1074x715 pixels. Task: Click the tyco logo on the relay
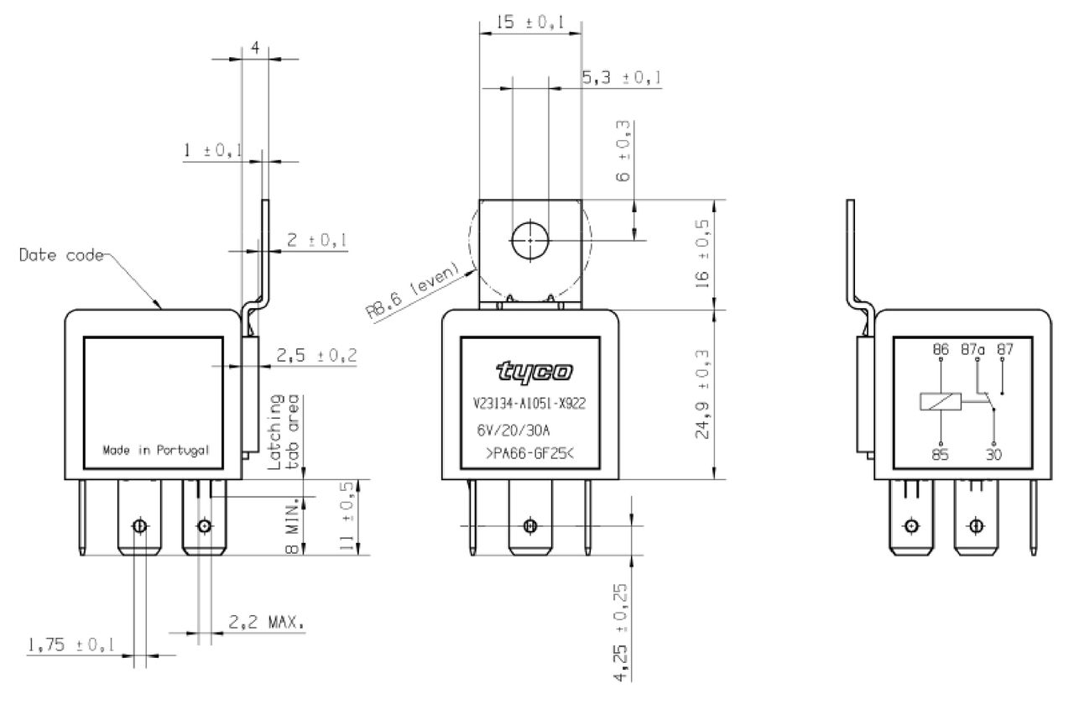(x=534, y=372)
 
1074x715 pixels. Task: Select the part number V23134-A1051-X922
(x=529, y=404)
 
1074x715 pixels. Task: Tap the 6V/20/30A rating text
(x=513, y=431)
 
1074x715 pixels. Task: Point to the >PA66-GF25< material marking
(x=529, y=453)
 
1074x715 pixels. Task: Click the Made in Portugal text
(x=156, y=451)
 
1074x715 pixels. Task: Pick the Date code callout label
(x=61, y=254)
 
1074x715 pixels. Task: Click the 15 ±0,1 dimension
(x=529, y=22)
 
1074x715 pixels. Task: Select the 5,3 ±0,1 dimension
(x=622, y=78)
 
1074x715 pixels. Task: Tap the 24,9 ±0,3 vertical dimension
(x=701, y=394)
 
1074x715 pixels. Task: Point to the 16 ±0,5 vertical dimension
(x=701, y=253)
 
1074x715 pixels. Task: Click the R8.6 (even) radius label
(x=414, y=290)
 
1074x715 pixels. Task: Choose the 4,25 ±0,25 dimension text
(x=620, y=632)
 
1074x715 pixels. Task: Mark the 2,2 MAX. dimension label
(x=266, y=623)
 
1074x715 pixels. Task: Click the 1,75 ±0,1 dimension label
(x=71, y=645)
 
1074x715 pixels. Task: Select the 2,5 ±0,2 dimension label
(x=316, y=355)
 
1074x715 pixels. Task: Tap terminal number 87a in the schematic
(x=972, y=349)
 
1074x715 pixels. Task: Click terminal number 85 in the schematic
(x=941, y=454)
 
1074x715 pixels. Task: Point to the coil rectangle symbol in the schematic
(x=941, y=401)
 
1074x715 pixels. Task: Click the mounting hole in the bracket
(x=529, y=240)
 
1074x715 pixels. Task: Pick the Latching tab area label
(x=284, y=431)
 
